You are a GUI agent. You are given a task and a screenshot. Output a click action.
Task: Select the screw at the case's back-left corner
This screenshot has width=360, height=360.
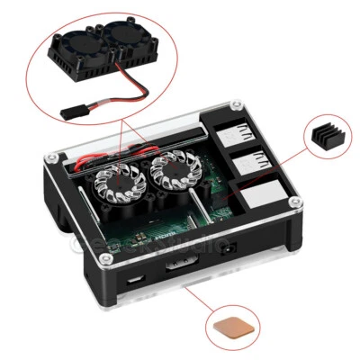(x=54, y=158)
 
